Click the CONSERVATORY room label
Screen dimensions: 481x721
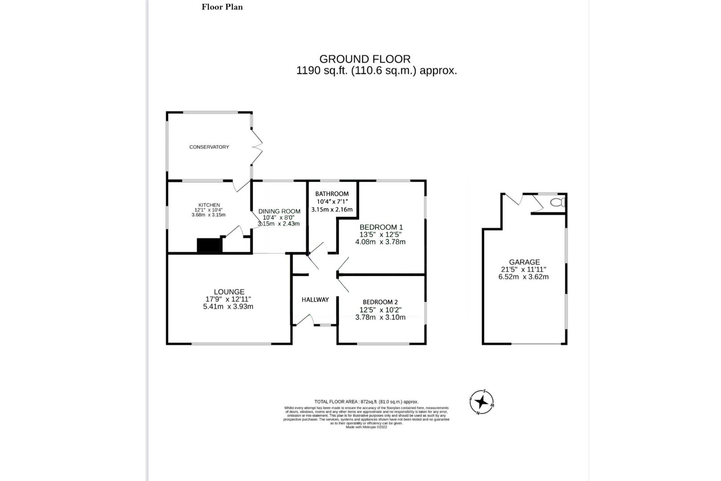coord(209,147)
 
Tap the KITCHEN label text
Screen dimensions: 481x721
coord(209,205)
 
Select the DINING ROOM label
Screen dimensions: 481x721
coord(279,211)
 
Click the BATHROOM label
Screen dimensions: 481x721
coord(332,194)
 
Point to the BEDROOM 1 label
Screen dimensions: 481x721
coord(381,227)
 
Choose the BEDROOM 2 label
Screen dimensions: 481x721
coord(380,302)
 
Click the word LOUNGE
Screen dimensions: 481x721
coord(229,292)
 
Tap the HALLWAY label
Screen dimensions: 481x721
coord(315,300)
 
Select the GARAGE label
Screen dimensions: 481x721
coord(524,262)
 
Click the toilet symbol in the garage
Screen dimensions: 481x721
coord(556,203)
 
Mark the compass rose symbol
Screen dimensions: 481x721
coord(482,402)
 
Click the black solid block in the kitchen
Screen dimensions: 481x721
coord(209,245)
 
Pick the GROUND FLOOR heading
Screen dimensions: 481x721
coord(365,59)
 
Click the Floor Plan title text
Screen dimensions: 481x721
coord(222,7)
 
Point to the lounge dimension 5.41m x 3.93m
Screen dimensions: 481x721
coord(228,306)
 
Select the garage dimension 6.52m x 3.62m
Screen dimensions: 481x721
coord(523,277)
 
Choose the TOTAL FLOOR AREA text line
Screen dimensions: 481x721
coord(366,402)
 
